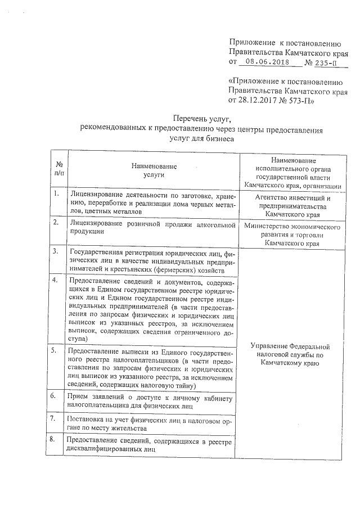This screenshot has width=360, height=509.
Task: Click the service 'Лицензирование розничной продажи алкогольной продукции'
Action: point(152,227)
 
